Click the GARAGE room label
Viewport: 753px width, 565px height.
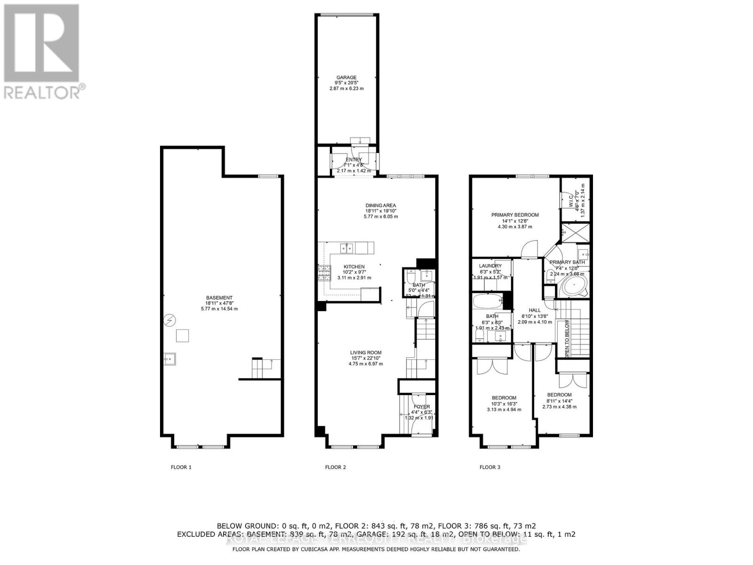click(x=346, y=78)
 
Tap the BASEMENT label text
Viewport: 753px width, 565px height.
click(x=219, y=298)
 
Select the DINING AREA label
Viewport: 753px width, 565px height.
click(x=381, y=205)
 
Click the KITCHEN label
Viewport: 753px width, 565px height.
click(x=354, y=266)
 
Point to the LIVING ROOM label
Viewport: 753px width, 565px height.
click(x=366, y=353)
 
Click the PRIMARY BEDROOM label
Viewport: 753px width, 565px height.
click(x=515, y=215)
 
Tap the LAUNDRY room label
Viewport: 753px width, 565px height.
click(x=490, y=266)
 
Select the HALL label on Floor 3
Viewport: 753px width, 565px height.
click(x=535, y=310)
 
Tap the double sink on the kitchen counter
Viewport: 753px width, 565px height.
click(x=347, y=247)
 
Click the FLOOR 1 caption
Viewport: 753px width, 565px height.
click(x=181, y=468)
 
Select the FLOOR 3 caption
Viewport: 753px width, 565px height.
click(x=489, y=468)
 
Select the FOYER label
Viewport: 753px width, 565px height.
click(x=422, y=407)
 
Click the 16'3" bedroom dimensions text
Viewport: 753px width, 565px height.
click(x=504, y=404)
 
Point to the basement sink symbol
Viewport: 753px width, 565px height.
click(x=169, y=359)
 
